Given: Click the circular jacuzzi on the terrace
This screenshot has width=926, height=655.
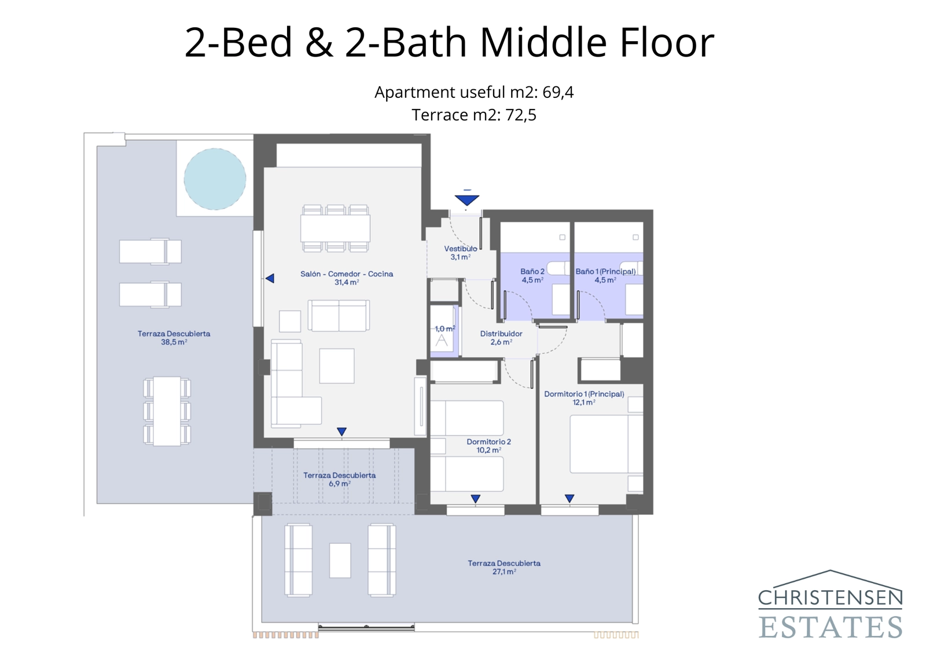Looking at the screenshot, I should tap(215, 179).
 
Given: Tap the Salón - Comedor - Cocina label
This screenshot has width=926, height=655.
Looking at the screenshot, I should tap(346, 278).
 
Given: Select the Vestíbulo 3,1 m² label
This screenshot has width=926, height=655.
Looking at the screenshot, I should tap(461, 253).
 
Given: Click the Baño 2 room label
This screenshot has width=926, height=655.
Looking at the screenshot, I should tap(532, 276).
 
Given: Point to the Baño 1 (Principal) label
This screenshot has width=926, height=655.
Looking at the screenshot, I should tap(605, 276).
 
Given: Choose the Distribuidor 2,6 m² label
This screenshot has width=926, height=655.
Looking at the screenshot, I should tap(501, 338).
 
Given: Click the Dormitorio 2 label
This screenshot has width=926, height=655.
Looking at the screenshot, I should tap(488, 445).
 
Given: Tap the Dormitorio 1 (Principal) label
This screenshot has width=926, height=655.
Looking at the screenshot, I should tap(584, 398).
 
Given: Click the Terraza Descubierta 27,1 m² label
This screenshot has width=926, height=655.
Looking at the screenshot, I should tap(504, 567).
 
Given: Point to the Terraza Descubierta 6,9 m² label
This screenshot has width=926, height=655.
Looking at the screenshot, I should tap(340, 479).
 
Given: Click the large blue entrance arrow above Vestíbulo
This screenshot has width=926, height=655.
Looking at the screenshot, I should tap(466, 200).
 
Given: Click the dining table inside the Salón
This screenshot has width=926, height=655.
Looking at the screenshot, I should tap(335, 228).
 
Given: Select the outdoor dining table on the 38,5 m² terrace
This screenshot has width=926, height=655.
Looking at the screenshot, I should tap(167, 411).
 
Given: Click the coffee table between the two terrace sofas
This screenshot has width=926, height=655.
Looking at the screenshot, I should tap(340, 560).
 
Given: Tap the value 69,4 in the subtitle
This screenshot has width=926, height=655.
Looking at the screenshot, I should tap(558, 92).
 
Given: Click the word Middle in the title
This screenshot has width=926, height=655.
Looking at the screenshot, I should tap(543, 42).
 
